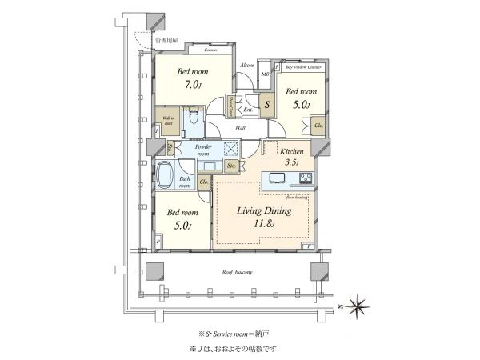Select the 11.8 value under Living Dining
point(263,225)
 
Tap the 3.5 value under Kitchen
point(290,162)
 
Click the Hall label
point(240,127)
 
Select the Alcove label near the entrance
point(247,66)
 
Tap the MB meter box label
point(266,74)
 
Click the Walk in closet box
point(170,122)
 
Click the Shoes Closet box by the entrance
point(230,104)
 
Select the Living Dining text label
point(263,211)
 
